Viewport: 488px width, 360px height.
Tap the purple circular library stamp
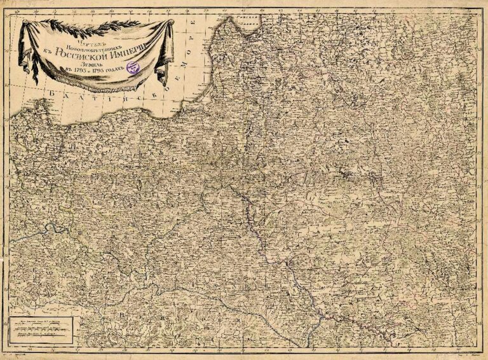click(133, 67)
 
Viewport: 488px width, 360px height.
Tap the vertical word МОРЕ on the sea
click(195, 38)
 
